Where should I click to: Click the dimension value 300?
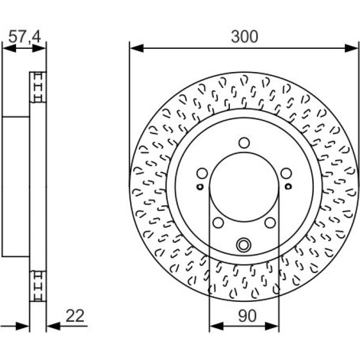tap(244, 37)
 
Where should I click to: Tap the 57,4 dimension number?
tap(24, 37)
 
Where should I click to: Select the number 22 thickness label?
tap(75, 316)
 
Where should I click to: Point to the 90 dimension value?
tap(247, 316)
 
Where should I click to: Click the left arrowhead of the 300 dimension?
tap(137, 48)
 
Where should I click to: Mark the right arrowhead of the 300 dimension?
tap(351, 48)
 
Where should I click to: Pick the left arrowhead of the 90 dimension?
tap(217, 326)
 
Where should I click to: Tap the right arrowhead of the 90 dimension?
tap(272, 326)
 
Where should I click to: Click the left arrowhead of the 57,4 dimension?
tap(9, 48)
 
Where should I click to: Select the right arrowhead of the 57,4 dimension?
tap(39, 48)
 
